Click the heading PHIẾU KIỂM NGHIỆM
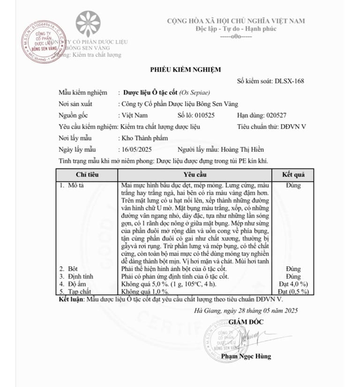point(185,69)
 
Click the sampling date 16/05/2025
point(136,149)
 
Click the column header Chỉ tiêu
point(87,175)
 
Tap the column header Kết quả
point(293,175)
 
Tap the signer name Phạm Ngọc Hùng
point(246,356)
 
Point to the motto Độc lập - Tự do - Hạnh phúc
point(236,29)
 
